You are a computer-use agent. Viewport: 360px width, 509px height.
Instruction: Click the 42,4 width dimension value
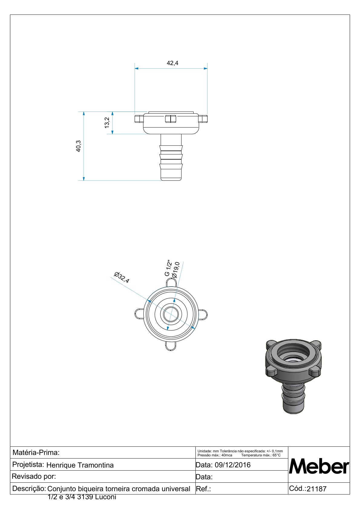172,63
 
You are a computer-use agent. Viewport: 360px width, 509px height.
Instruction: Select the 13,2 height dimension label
107,123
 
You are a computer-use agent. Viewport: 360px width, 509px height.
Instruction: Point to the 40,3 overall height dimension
78,146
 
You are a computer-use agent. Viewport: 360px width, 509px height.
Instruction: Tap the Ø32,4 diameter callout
122,277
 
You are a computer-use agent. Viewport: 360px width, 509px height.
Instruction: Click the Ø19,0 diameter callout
176,270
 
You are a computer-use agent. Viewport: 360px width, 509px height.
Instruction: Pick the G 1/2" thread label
168,268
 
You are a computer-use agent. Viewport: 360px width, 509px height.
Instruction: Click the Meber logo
319,466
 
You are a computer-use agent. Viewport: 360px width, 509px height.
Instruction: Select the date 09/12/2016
232,465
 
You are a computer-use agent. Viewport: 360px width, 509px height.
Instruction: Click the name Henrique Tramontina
80,465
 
